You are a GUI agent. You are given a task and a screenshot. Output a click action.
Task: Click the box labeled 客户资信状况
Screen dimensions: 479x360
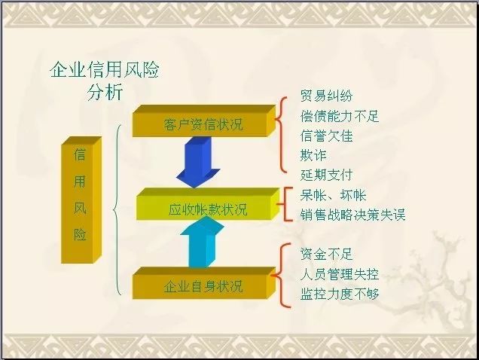(x=204, y=121)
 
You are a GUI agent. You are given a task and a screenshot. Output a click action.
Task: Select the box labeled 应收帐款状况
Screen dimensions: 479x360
(x=208, y=204)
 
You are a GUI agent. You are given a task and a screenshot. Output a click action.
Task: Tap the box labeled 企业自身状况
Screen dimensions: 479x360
(x=204, y=283)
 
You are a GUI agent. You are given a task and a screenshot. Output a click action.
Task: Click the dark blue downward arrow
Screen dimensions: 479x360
(x=198, y=162)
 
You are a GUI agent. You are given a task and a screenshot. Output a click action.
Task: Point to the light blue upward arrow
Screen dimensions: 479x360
(x=203, y=242)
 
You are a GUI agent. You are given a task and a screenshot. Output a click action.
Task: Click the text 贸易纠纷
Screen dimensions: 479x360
(x=326, y=96)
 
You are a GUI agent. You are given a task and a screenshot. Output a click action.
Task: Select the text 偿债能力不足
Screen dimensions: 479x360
(x=340, y=116)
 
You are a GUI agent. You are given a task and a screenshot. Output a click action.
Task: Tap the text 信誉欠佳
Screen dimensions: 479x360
(x=326, y=136)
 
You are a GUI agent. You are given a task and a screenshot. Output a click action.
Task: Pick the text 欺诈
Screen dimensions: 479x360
(x=313, y=156)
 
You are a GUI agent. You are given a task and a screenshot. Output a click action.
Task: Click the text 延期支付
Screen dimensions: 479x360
(x=326, y=175)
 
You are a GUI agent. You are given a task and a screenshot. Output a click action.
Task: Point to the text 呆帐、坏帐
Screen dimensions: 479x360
(x=333, y=195)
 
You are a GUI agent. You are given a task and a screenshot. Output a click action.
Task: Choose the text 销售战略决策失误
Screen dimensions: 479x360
(x=352, y=215)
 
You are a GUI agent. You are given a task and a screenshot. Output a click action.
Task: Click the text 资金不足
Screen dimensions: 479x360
(x=326, y=255)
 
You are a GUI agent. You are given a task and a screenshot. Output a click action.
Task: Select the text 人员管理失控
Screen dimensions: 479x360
(x=340, y=274)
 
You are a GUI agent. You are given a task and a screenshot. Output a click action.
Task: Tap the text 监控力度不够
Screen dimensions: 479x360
(x=340, y=294)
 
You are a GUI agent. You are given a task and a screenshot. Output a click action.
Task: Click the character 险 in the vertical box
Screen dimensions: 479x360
(x=80, y=234)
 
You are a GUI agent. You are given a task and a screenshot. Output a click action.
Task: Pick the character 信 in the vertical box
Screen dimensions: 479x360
(x=80, y=154)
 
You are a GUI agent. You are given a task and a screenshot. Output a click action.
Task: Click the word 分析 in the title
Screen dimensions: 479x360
(x=105, y=92)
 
